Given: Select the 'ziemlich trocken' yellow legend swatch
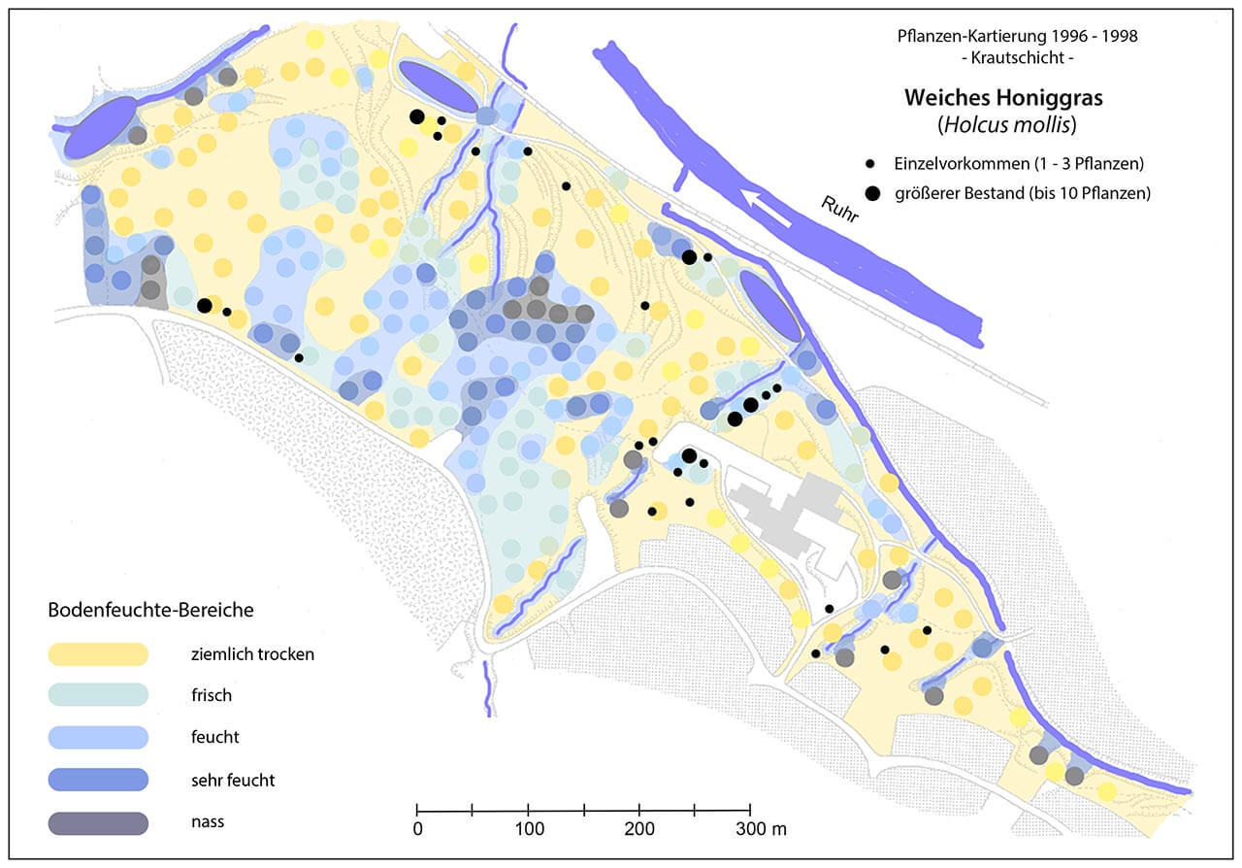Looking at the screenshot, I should pos(98,654).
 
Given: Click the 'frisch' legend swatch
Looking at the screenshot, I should pos(98,695).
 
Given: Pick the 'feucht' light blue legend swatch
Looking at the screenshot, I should pos(98,737).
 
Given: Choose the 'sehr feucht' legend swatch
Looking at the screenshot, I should pos(98,779).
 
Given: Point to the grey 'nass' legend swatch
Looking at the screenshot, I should pos(98,822).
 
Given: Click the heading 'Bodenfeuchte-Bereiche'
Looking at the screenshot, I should pos(150,611).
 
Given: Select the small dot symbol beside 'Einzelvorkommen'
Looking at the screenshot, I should pos(871,162).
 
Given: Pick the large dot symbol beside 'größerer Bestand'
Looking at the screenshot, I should pos(873,193).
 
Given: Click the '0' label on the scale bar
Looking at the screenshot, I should pos(417,829).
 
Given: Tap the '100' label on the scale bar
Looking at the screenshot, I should pos(528,829).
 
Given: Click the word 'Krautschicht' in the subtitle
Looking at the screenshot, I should pos(1017,57).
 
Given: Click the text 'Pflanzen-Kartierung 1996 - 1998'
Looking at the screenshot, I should pos(1017,36).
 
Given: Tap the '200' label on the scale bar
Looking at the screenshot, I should pos(638,829).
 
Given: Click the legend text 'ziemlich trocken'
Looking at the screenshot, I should pos(252,654).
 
